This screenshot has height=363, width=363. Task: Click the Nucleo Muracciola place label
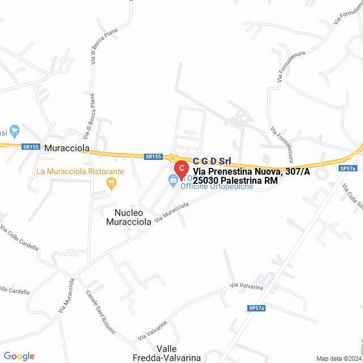coord(129,217)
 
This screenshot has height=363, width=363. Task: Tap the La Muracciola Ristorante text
coord(80,171)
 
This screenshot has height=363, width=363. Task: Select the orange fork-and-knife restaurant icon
coord(112,183)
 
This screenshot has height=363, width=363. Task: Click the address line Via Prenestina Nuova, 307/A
coord(251,171)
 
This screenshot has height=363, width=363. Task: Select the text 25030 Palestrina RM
coord(235,180)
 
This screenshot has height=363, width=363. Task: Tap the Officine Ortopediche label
coord(217,186)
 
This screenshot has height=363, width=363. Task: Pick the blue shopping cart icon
coord(15,132)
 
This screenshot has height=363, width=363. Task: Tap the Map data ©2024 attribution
coord(339,358)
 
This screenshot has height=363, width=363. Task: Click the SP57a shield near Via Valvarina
coord(256,308)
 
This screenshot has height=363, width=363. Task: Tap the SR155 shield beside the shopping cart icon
coord(31,146)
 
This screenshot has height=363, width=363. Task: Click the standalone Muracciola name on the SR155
coord(67,148)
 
